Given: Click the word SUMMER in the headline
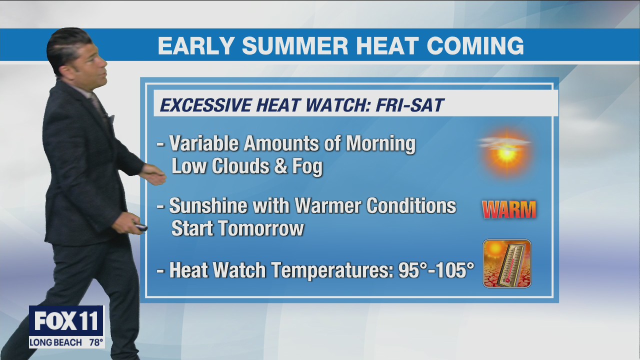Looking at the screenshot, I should [x=295, y=45].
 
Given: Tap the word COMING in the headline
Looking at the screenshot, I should [x=475, y=45].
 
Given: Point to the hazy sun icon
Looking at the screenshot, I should [x=506, y=150].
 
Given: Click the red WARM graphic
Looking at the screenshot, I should [x=508, y=209].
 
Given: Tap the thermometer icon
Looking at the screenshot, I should [x=507, y=263].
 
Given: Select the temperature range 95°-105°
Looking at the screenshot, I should [x=436, y=270].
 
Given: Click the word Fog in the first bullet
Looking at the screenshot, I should [x=307, y=166].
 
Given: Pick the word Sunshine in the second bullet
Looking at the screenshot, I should [x=205, y=205].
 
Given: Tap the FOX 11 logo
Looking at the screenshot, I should [x=66, y=321].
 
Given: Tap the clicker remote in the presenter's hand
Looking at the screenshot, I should [x=141, y=228].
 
